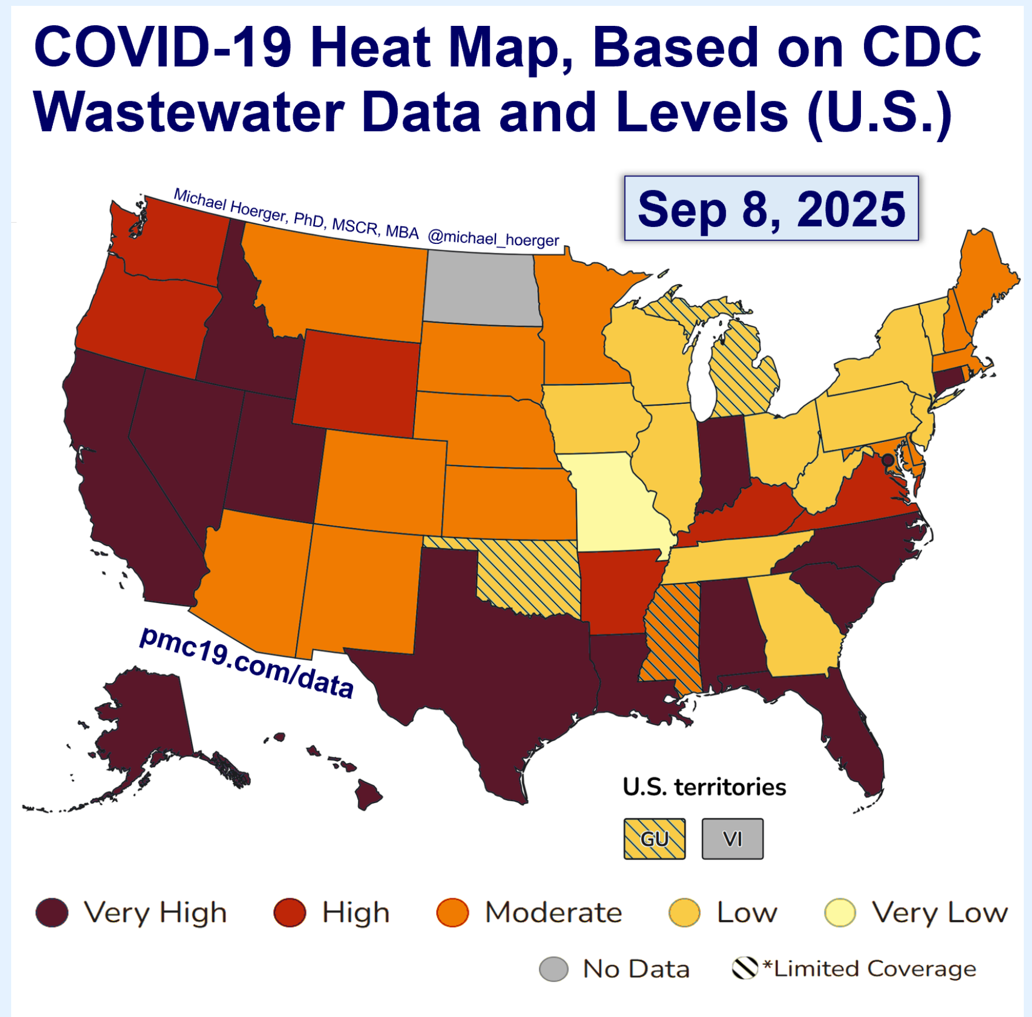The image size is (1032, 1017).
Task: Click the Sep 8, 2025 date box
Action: (x=771, y=208)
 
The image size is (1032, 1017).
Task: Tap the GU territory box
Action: (x=654, y=839)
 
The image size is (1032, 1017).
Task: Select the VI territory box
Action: (x=732, y=839)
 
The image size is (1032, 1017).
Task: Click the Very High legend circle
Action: (x=52, y=912)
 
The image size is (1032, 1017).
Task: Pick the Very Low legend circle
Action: (x=840, y=912)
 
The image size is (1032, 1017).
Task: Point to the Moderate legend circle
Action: (x=453, y=912)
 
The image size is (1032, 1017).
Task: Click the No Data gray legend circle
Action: (x=554, y=969)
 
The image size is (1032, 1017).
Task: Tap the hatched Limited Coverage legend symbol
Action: (x=745, y=968)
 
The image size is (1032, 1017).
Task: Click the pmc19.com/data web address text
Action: (x=247, y=663)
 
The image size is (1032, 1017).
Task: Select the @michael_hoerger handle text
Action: (x=493, y=238)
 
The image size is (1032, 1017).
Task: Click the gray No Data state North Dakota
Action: (x=482, y=288)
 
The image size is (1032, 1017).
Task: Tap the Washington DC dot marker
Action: (x=887, y=460)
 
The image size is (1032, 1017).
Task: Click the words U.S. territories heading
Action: (x=704, y=787)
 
